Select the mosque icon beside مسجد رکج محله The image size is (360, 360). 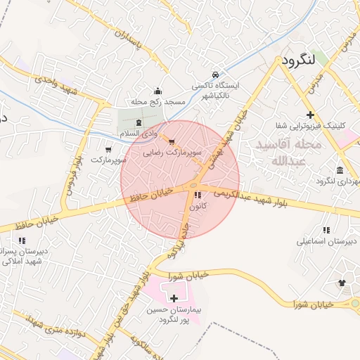[157, 91]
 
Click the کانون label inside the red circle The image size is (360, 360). [198, 206]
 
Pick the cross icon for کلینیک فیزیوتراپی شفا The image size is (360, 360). [310, 115]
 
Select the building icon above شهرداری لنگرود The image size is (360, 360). [340, 171]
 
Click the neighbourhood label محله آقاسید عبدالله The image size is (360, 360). [289, 153]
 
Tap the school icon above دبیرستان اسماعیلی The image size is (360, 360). [326, 230]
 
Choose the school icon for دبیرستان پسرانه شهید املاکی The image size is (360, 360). [22, 240]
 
